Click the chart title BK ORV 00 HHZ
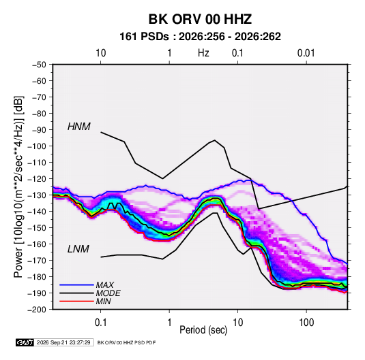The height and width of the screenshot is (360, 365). [200, 19]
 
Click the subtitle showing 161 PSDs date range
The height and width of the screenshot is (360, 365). [200, 37]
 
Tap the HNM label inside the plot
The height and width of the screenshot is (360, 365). [79, 127]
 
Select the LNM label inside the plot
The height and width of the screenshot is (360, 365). [78, 249]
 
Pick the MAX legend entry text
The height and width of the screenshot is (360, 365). [105, 285]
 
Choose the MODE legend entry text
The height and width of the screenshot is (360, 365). [108, 293]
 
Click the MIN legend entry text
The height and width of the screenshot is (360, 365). [103, 301]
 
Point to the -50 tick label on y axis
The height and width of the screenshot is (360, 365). [39, 65]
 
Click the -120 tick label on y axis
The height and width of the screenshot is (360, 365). [37, 179]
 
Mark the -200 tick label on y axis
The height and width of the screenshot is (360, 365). [37, 310]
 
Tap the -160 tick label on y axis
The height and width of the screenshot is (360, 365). [37, 244]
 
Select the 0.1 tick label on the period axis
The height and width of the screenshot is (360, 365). [100, 323]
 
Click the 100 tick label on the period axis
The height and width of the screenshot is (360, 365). [306, 323]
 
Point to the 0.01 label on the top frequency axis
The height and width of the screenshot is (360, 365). [306, 53]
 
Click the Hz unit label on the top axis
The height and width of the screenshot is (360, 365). [203, 53]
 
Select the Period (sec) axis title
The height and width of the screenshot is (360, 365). [203, 330]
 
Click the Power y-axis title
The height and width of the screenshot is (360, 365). [18, 186]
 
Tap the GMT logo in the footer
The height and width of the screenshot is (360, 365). [25, 342]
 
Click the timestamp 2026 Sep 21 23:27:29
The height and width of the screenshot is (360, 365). [63, 342]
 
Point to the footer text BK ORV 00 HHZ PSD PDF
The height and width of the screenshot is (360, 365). [126, 342]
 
